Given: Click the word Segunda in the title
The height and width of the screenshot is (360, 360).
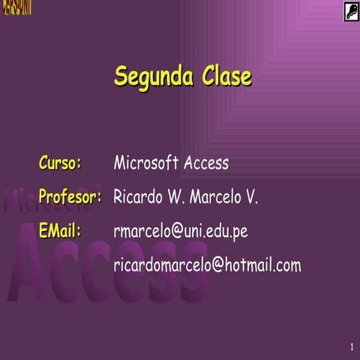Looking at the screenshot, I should pos(154,76).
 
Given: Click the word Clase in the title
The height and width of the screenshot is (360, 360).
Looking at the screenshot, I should pos(226,76).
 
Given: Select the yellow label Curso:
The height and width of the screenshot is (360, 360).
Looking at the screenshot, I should pos(61,163).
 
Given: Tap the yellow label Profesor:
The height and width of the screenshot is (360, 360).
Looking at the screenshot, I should pos(70,197).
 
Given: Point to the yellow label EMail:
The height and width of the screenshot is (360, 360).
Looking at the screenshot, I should pos(59,231).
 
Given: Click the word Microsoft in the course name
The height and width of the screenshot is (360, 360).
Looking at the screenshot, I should pos(146,163).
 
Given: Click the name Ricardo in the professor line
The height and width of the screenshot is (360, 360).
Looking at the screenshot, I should pos(138,197).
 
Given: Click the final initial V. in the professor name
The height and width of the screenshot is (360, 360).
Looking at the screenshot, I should pos(251,197).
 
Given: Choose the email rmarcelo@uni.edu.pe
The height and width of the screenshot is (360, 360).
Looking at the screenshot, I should pos(180,232).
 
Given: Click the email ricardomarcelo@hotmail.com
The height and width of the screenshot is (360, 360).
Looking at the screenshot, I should pos(207,265).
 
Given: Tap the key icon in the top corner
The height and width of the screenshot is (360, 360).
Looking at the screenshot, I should pos(351,10).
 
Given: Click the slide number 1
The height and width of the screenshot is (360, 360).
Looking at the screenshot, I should pos(351,346).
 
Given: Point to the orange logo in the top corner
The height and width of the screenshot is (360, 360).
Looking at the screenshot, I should pos(16,8).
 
